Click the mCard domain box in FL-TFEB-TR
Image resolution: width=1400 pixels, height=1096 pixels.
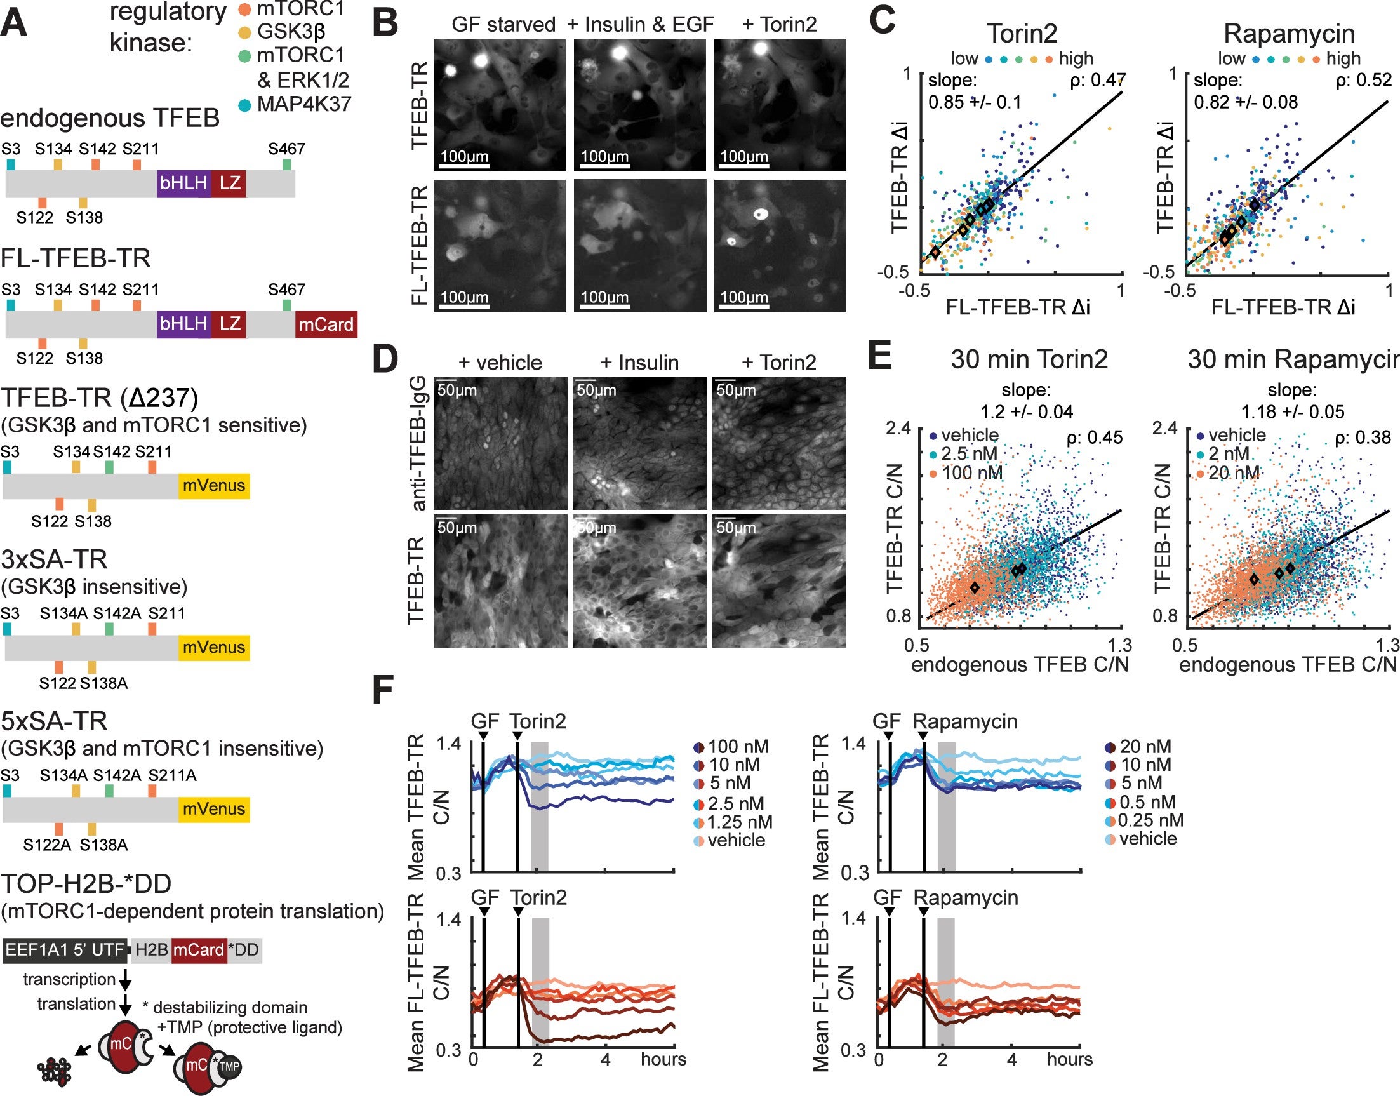326,324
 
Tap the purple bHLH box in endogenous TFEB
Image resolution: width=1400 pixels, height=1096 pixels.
183,184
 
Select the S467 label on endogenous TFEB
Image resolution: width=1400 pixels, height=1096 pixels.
286,149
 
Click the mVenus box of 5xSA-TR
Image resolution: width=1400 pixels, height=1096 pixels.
214,809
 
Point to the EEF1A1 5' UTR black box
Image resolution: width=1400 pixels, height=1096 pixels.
65,950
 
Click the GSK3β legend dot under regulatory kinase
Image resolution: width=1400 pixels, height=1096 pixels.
244,32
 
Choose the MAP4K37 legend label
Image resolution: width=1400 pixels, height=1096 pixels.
304,104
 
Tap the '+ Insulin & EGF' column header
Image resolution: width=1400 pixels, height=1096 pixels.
640,24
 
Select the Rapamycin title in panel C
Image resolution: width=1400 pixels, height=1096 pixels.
1289,34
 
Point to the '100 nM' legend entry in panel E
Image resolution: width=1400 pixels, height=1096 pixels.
971,473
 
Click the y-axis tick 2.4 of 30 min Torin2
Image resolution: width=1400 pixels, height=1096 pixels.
898,428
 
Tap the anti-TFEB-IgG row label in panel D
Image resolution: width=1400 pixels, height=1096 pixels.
418,443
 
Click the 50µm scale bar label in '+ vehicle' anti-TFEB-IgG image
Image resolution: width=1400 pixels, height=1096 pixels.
457,390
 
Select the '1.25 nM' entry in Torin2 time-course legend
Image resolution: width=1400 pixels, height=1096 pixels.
739,822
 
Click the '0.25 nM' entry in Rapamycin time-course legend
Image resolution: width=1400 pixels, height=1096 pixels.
1150,820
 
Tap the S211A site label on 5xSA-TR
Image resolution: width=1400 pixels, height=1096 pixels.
172,775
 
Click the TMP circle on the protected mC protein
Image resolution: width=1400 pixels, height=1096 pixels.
229,1067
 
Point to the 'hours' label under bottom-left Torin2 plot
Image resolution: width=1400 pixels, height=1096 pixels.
663,1059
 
